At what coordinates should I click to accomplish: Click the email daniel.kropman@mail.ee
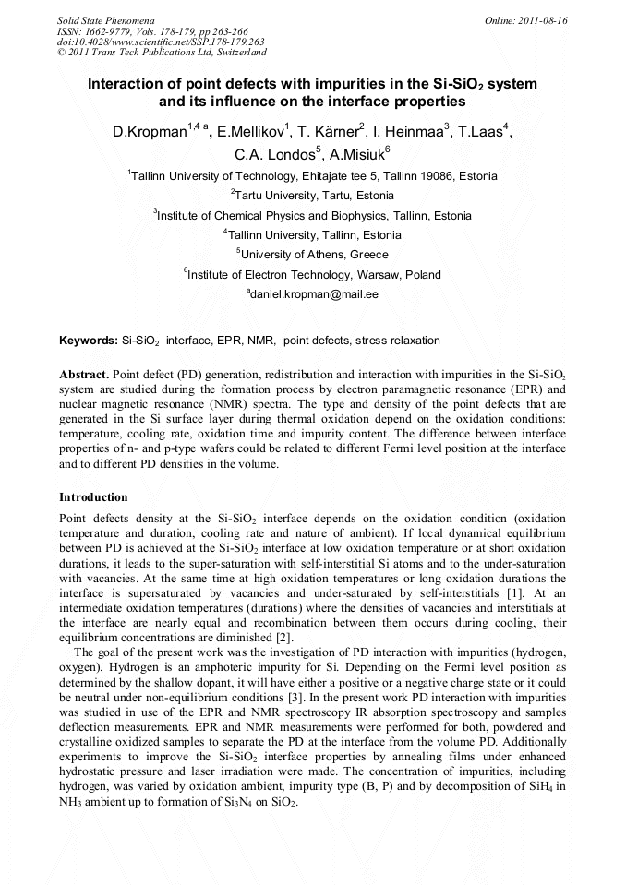point(314,294)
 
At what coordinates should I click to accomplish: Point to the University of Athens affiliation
point(313,255)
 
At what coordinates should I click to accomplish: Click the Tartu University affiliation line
point(312,196)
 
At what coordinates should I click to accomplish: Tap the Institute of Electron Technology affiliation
point(312,275)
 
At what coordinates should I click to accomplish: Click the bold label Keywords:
point(89,341)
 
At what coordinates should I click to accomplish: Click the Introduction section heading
point(93,497)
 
